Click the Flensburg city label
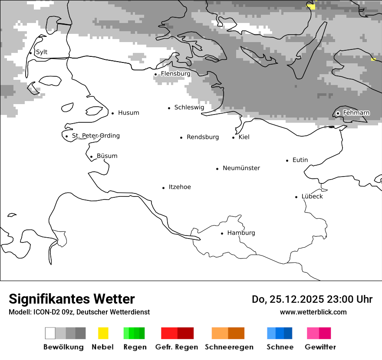(x=175, y=74)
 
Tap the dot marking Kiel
(x=234, y=137)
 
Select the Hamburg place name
(x=241, y=233)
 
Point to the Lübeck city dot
(x=296, y=197)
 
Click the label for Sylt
(x=42, y=52)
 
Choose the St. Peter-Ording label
(x=95, y=136)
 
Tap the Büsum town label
(x=107, y=156)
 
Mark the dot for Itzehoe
(x=164, y=188)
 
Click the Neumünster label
(x=241, y=168)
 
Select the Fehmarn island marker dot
(x=338, y=113)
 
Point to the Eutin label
(x=300, y=160)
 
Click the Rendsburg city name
(x=203, y=137)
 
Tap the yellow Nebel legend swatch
(x=103, y=333)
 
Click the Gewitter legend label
(x=320, y=347)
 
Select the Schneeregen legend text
(x=229, y=347)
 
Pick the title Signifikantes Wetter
(x=72, y=299)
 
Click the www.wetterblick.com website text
(x=313, y=312)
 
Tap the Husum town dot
(x=112, y=113)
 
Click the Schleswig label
(x=189, y=107)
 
